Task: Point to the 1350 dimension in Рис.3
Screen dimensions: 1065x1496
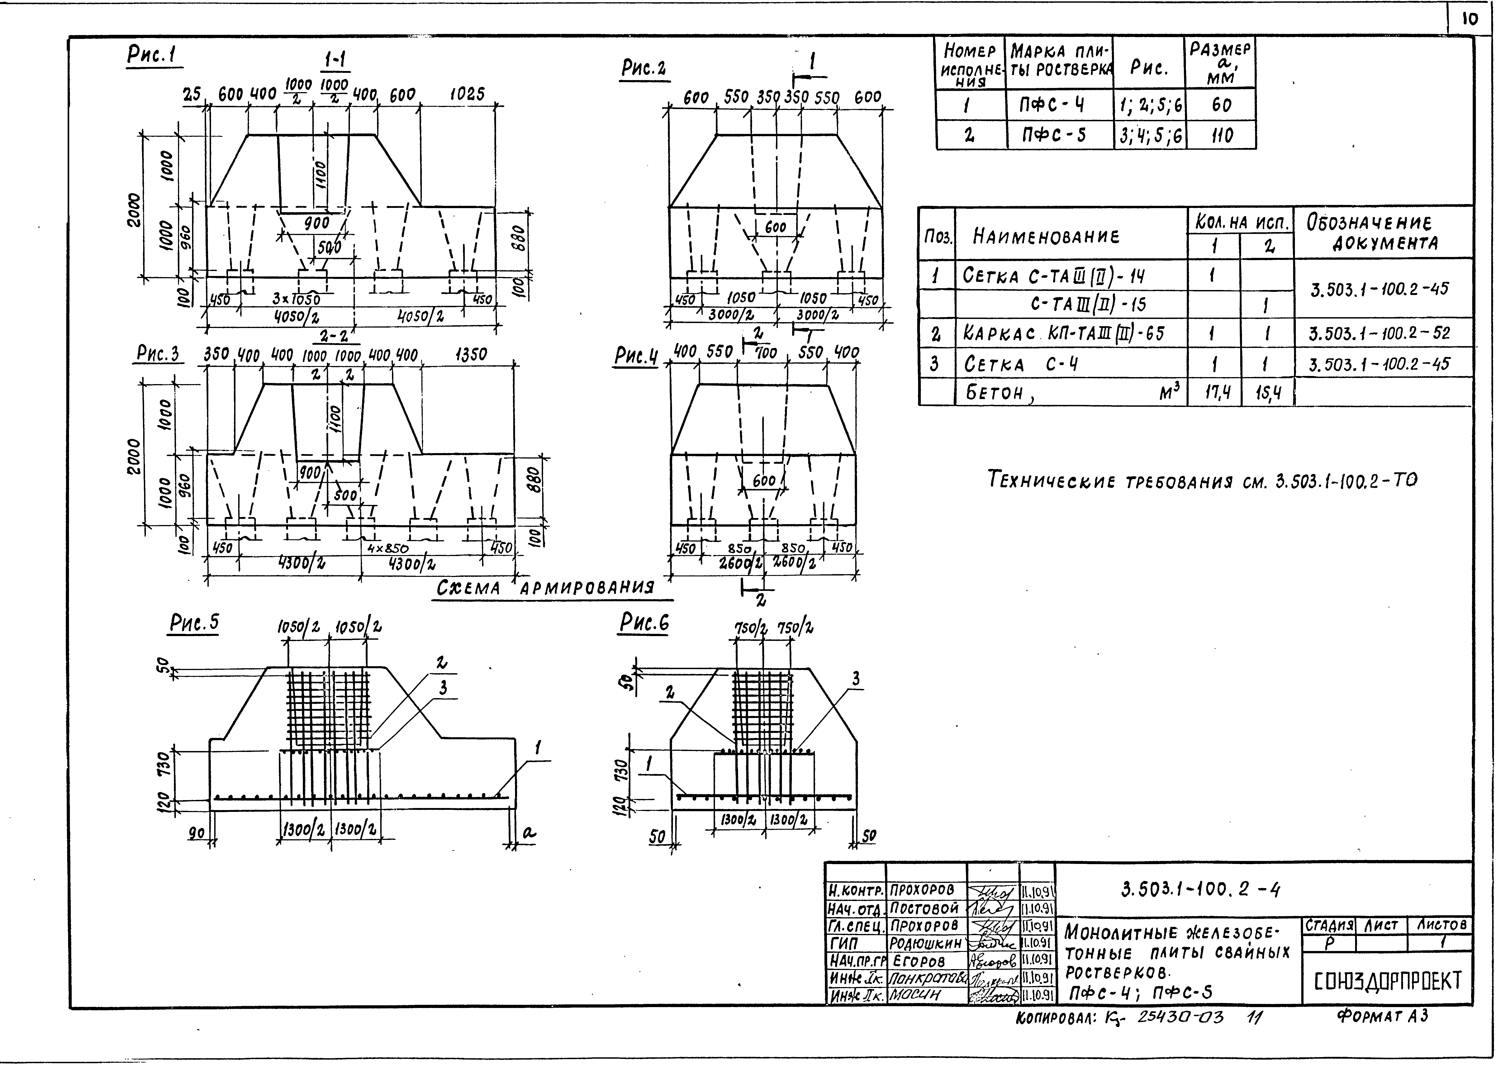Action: pyautogui.click(x=471, y=355)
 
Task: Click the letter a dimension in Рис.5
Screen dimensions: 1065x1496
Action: pyautogui.click(x=528, y=833)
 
